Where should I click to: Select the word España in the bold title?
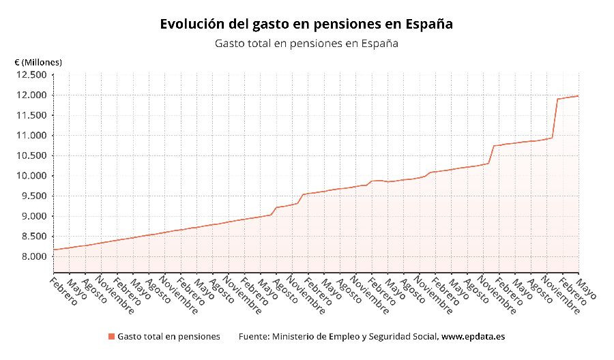(429, 24)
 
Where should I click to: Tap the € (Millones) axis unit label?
(38, 62)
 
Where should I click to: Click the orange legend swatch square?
(111, 337)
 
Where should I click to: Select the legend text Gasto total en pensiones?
(169, 337)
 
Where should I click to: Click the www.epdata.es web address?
(473, 337)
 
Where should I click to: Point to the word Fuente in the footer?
(253, 337)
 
